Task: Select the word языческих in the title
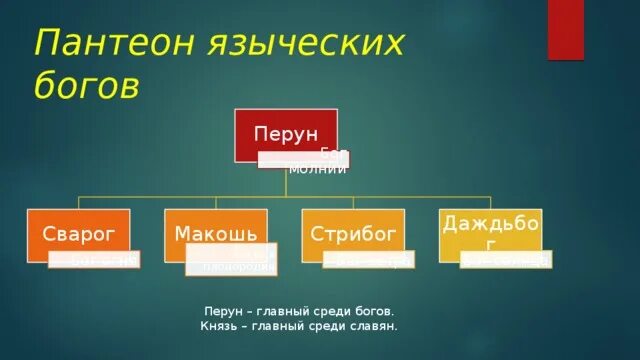(x=299, y=44)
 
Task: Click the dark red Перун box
(x=286, y=134)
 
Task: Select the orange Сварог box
(x=78, y=234)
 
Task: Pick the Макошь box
(x=215, y=234)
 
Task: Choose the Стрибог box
(x=353, y=234)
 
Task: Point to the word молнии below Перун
(x=317, y=169)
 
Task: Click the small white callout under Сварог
(x=94, y=260)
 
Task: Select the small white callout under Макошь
(x=232, y=262)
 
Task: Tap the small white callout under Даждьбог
(x=506, y=260)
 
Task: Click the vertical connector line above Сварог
(x=78, y=203)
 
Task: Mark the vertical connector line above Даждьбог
(x=490, y=203)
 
